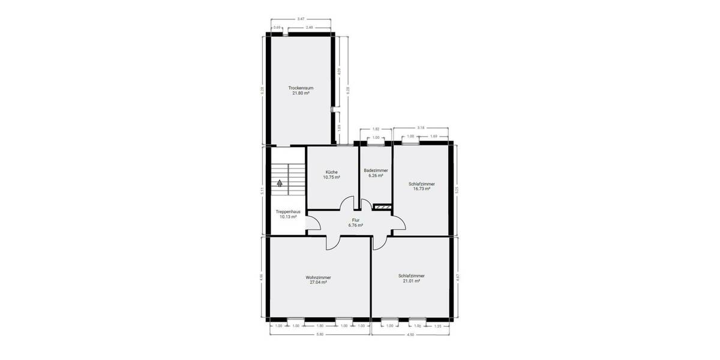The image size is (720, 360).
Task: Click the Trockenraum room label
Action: pyautogui.click(x=301, y=88)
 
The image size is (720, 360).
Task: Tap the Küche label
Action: pyautogui.click(x=332, y=172)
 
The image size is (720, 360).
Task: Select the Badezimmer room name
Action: pyautogui.click(x=376, y=170)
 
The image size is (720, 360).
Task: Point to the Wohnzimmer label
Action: pyautogui.click(x=318, y=277)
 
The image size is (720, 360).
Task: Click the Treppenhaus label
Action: pyautogui.click(x=288, y=212)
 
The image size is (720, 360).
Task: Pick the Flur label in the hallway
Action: pyautogui.click(x=356, y=221)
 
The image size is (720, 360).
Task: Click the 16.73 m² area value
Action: pyautogui.click(x=421, y=189)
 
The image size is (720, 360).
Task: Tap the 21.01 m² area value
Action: pyautogui.click(x=411, y=281)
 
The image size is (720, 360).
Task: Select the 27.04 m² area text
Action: pyautogui.click(x=318, y=282)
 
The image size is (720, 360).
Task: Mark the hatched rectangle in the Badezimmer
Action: pyautogui.click(x=382, y=207)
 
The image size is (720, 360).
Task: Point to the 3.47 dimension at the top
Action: pyautogui.click(x=301, y=19)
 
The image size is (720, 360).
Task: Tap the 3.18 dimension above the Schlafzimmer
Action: pyautogui.click(x=421, y=128)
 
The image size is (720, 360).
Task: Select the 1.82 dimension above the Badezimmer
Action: pyautogui.click(x=376, y=129)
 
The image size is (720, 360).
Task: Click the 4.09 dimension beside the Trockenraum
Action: pyautogui.click(x=340, y=71)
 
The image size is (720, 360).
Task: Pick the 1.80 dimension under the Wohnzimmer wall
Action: pyautogui.click(x=320, y=326)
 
